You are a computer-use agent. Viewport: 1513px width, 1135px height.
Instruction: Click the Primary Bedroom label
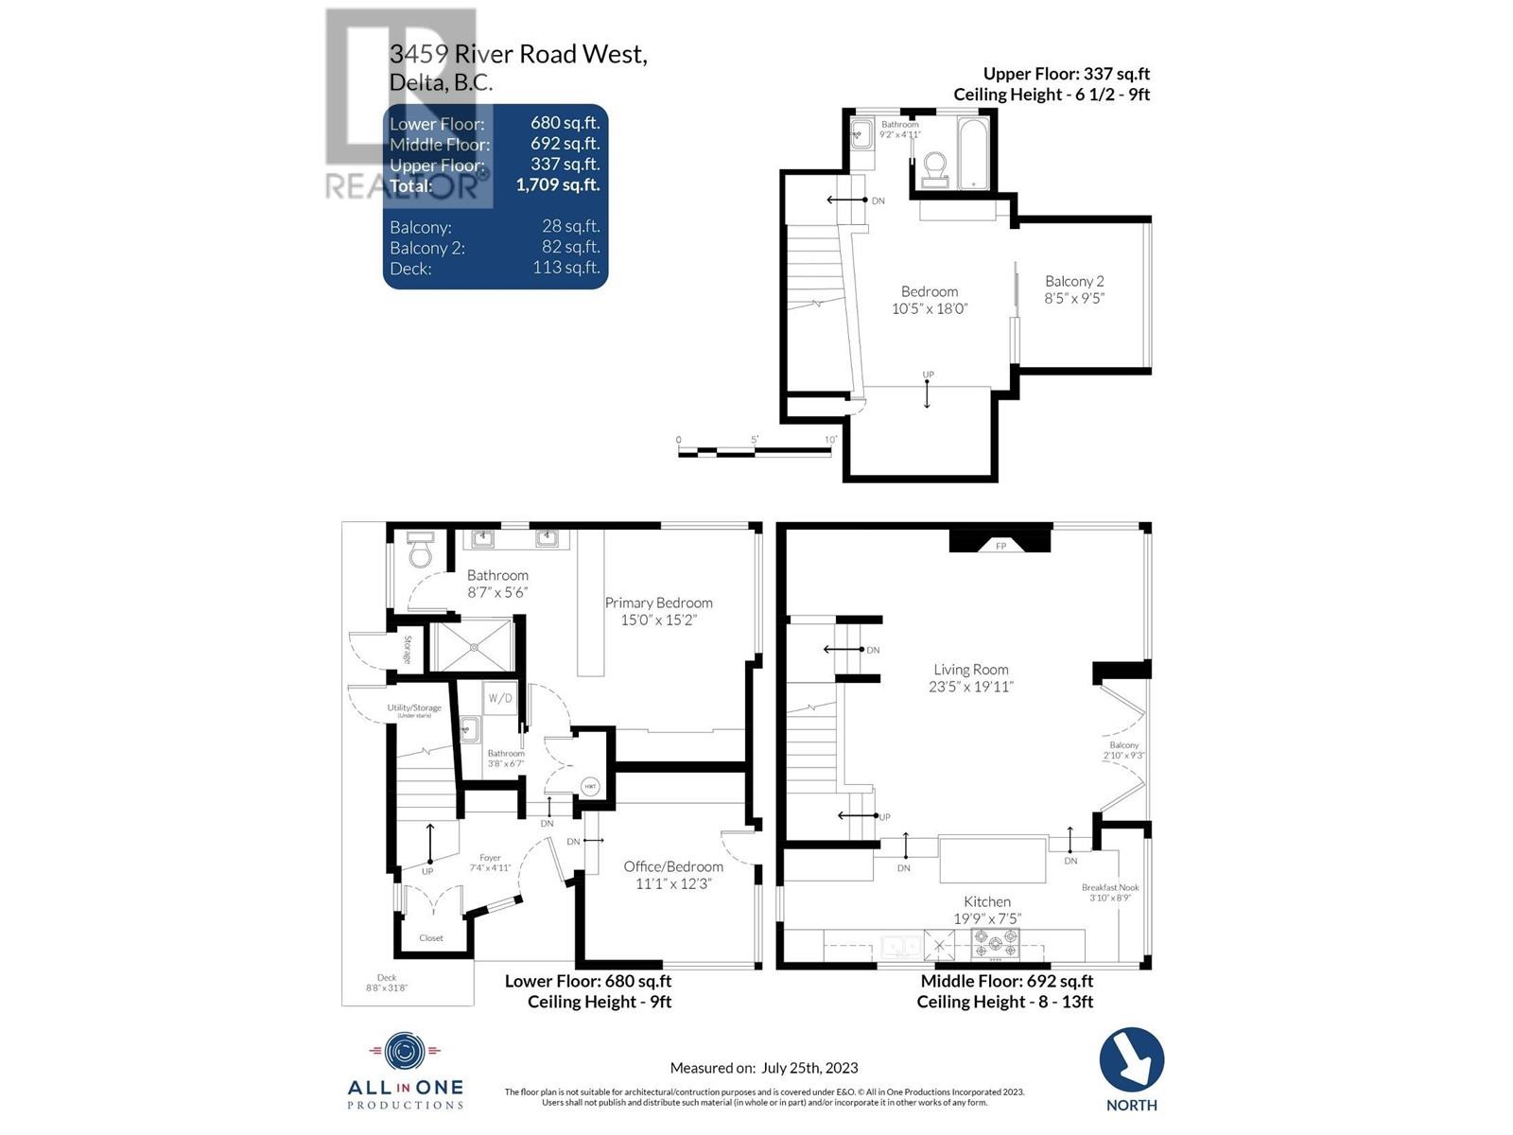659,611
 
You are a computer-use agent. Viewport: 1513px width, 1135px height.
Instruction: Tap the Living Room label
970,677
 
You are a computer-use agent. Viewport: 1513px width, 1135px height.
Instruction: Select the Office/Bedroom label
673,875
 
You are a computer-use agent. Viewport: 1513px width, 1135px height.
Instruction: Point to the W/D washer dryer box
500,699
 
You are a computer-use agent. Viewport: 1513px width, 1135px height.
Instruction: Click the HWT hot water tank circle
590,787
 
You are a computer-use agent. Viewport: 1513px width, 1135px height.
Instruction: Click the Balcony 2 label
1074,288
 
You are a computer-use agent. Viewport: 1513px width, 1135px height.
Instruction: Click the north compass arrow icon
1131,1060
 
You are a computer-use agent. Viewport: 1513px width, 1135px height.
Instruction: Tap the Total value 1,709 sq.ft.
557,185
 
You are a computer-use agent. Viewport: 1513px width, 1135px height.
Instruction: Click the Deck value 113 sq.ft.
565,268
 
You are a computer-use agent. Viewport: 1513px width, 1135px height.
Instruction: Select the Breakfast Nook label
1110,892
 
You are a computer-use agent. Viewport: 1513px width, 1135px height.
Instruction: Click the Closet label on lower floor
431,938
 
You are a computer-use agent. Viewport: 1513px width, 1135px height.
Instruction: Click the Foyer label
490,863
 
